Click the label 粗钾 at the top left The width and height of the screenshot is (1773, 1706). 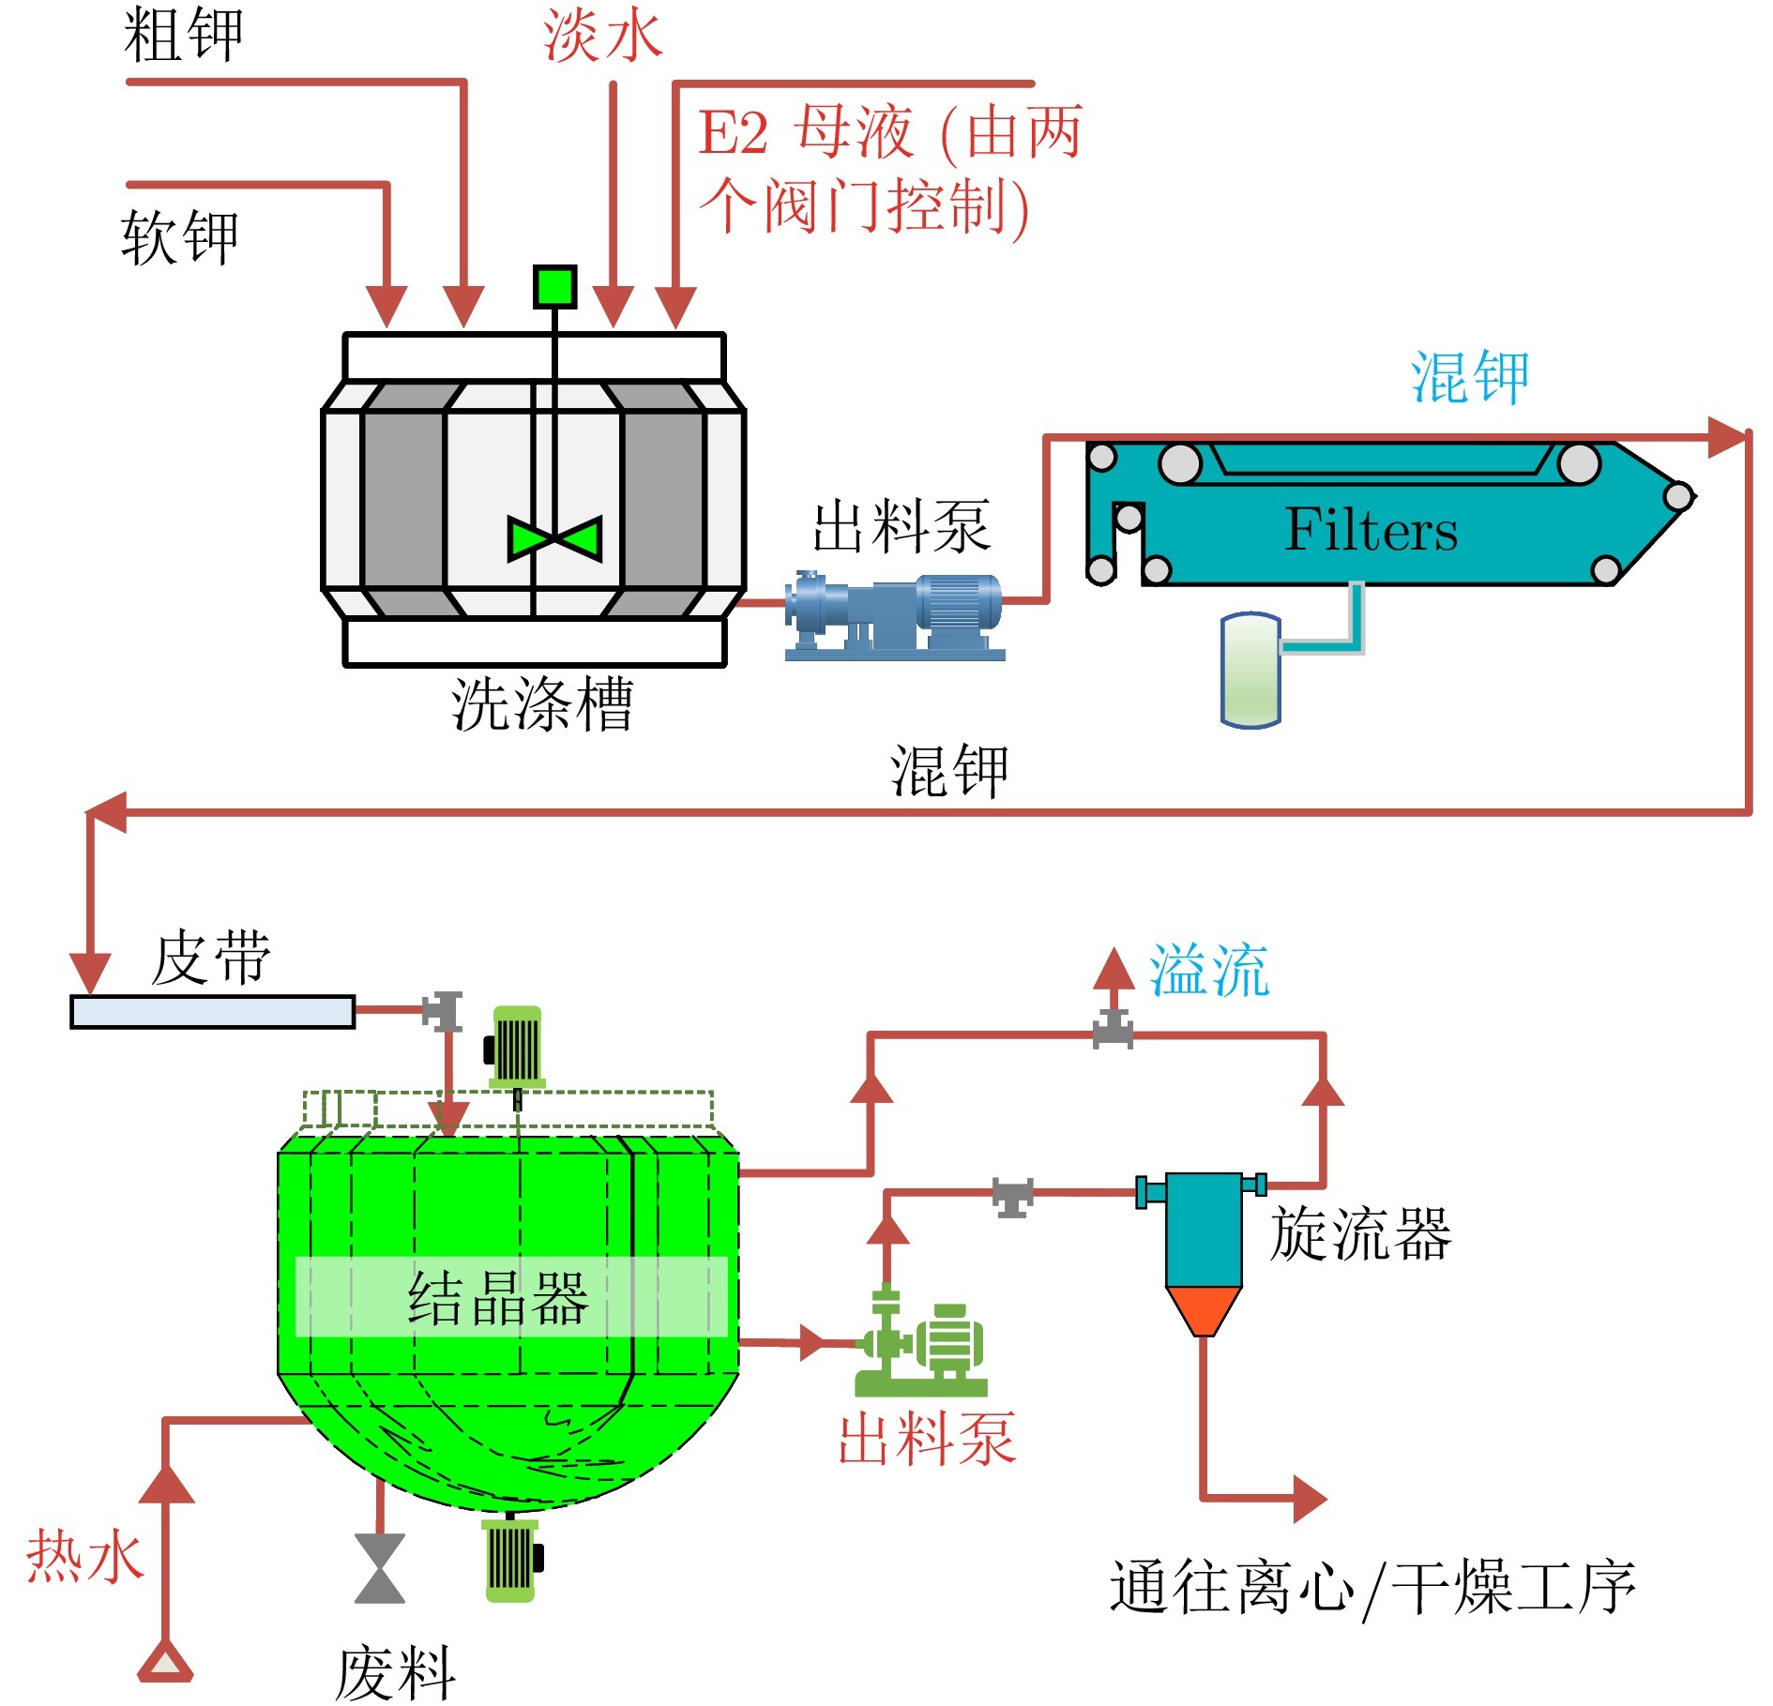[x=184, y=36]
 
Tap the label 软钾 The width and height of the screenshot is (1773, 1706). [x=180, y=236]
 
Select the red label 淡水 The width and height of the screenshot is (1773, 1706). [x=603, y=36]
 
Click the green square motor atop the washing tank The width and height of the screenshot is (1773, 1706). [x=554, y=286]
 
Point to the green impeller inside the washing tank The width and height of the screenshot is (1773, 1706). [x=554, y=538]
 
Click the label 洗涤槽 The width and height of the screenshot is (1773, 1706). [x=542, y=703]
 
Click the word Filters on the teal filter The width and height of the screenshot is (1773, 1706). [x=1371, y=531]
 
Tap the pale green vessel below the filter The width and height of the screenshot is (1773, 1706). [x=1250, y=670]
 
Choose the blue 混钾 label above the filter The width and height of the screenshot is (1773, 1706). [x=1470, y=378]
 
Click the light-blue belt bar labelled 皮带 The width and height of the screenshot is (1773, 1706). [x=213, y=1012]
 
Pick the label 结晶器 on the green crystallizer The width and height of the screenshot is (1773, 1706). [x=498, y=1298]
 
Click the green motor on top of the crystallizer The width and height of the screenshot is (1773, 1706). [x=516, y=1045]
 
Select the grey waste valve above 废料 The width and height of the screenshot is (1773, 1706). [x=380, y=1568]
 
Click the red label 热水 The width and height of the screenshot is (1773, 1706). [x=84, y=1557]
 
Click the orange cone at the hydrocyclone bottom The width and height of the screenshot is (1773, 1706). [x=1204, y=1308]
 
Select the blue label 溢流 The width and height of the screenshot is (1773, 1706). [x=1209, y=970]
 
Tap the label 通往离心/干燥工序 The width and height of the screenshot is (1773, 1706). [x=1372, y=1588]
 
